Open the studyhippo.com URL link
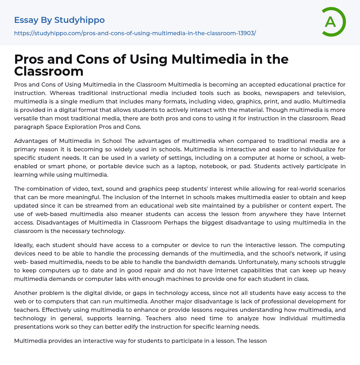(135, 33)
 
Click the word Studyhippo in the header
(79, 20)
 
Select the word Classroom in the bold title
(49, 71)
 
